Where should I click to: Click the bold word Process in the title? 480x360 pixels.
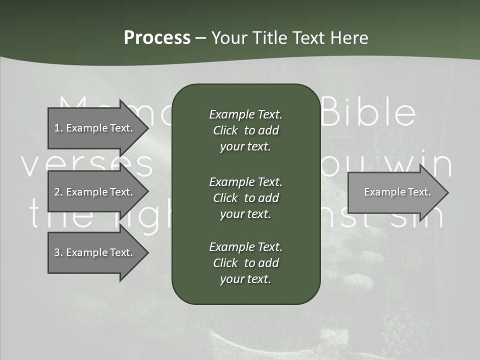[x=157, y=38]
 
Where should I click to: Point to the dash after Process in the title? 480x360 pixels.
[x=200, y=38]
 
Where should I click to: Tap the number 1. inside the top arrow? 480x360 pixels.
[x=58, y=128]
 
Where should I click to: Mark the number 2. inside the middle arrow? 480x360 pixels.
[x=58, y=192]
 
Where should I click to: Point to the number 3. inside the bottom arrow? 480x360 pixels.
[x=58, y=252]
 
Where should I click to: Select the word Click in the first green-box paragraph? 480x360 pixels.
[x=225, y=130]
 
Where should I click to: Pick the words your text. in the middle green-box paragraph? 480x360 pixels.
[x=245, y=214]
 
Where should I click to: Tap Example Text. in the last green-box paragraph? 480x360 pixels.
[x=245, y=247]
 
